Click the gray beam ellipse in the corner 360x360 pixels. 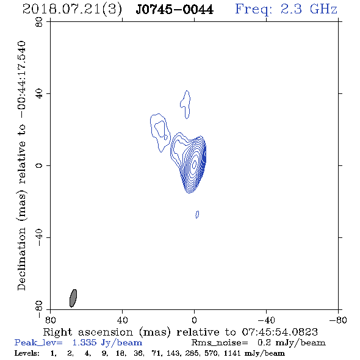[x=73, y=298]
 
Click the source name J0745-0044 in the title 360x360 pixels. [x=175, y=10]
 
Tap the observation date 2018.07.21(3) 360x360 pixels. [x=72, y=10]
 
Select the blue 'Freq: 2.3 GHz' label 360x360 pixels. [x=286, y=9]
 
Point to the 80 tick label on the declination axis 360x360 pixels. [x=39, y=22]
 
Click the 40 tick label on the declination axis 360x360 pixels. [x=39, y=94]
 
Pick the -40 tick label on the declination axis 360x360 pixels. [x=39, y=237]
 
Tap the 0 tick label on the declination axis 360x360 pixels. [x=39, y=165]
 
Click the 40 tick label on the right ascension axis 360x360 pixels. [x=122, y=320]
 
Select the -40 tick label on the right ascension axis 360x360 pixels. [x=266, y=320]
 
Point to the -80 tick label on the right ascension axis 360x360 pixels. [x=338, y=320]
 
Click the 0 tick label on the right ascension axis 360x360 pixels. [x=194, y=320]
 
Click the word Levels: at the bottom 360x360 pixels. [x=27, y=353]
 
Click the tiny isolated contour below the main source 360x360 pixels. [x=197, y=214]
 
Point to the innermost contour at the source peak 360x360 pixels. [x=194, y=164]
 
